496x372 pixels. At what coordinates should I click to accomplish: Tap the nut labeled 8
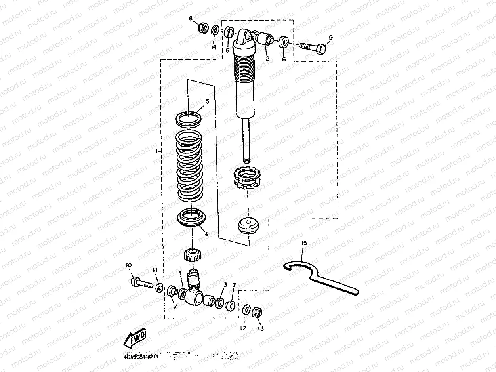coord(203,28)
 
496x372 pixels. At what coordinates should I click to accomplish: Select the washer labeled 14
coord(216,30)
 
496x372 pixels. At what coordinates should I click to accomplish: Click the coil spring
coord(189,165)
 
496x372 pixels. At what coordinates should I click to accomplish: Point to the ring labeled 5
coord(189,118)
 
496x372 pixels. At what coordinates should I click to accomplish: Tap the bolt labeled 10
coord(139,282)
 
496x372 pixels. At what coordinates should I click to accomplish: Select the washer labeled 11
coord(159,287)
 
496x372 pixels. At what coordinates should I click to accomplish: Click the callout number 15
coord(304,243)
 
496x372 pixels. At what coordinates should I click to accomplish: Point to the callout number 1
coord(157,151)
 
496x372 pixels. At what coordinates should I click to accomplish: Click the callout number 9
coord(331,38)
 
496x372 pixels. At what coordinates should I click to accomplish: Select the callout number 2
coord(268,58)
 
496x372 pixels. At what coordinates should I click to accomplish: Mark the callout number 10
coord(129,265)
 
